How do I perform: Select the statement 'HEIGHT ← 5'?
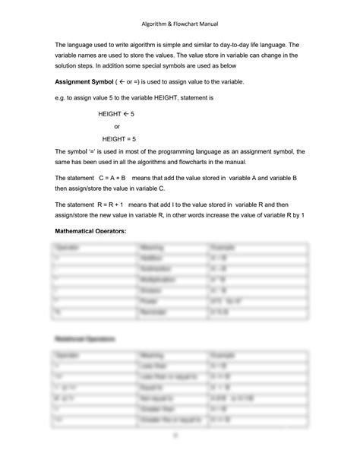116,113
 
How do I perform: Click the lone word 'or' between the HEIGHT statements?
117,126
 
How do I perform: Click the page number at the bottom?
180,436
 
